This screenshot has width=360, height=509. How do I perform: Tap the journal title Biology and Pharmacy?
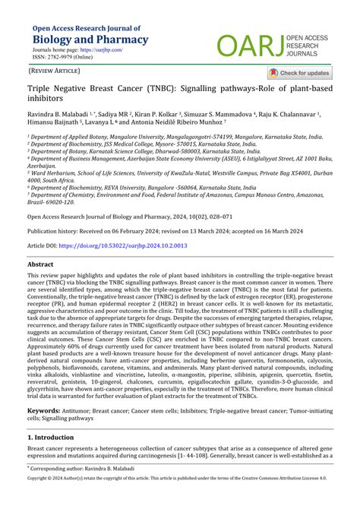click(x=90, y=40)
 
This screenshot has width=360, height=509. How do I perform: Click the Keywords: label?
click(x=44, y=411)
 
